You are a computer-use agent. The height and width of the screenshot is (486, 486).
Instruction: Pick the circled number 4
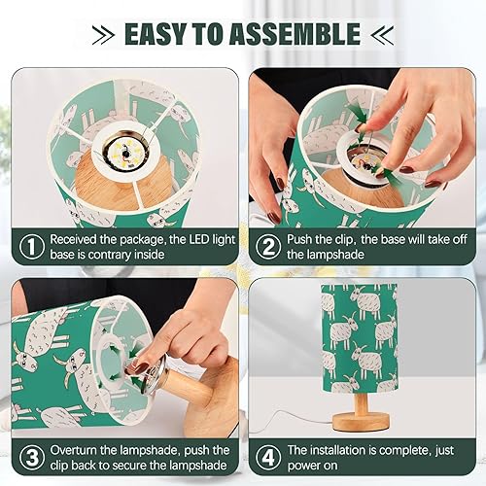coord(265,457)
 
